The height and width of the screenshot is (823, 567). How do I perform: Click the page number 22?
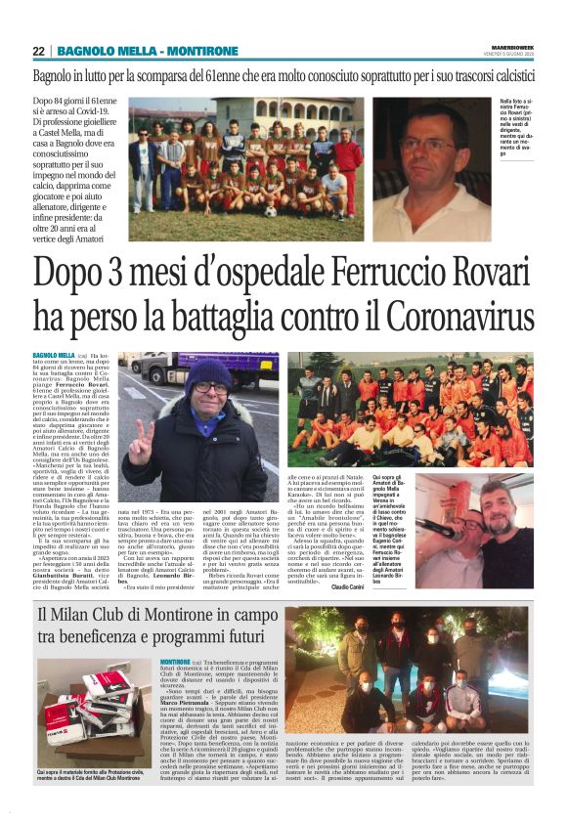[x=39, y=51]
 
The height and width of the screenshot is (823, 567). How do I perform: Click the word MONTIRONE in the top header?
[x=202, y=51]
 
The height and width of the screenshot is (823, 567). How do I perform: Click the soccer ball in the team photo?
[x=271, y=211]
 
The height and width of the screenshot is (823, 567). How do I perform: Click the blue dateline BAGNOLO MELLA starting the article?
[x=53, y=355]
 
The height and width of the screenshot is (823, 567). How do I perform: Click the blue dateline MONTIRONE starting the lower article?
[x=177, y=662]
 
